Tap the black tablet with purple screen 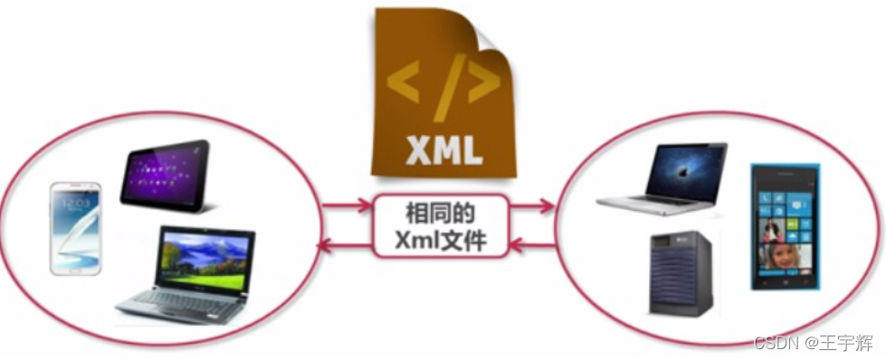(166, 175)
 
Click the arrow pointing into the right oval (534, 207)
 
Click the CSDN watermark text (773, 344)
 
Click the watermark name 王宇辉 (847, 344)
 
